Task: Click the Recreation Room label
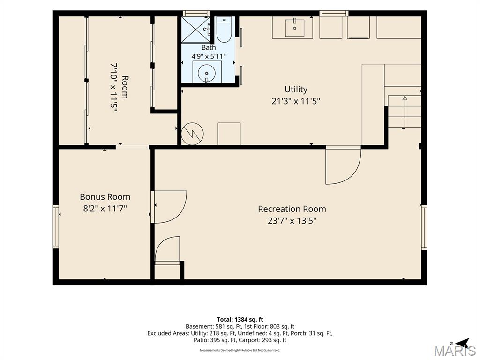[x=292, y=209]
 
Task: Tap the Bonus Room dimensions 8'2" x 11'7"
[x=105, y=209]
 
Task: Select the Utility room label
[x=296, y=90]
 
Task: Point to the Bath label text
[x=209, y=47]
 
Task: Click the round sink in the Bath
[x=207, y=73]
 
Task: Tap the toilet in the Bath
[x=224, y=30]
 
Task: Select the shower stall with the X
[x=196, y=30]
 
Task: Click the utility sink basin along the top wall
[x=294, y=28]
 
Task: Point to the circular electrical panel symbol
[x=192, y=134]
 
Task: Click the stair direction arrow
[x=405, y=112]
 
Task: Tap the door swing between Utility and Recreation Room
[x=343, y=165]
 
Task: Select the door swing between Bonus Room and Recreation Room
[x=169, y=207]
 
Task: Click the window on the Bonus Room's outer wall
[x=56, y=226]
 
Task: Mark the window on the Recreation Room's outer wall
[x=424, y=227]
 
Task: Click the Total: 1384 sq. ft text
[x=240, y=320]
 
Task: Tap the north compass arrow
[x=462, y=343]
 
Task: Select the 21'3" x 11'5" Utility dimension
[x=296, y=101]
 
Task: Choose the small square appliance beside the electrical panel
[x=229, y=134]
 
